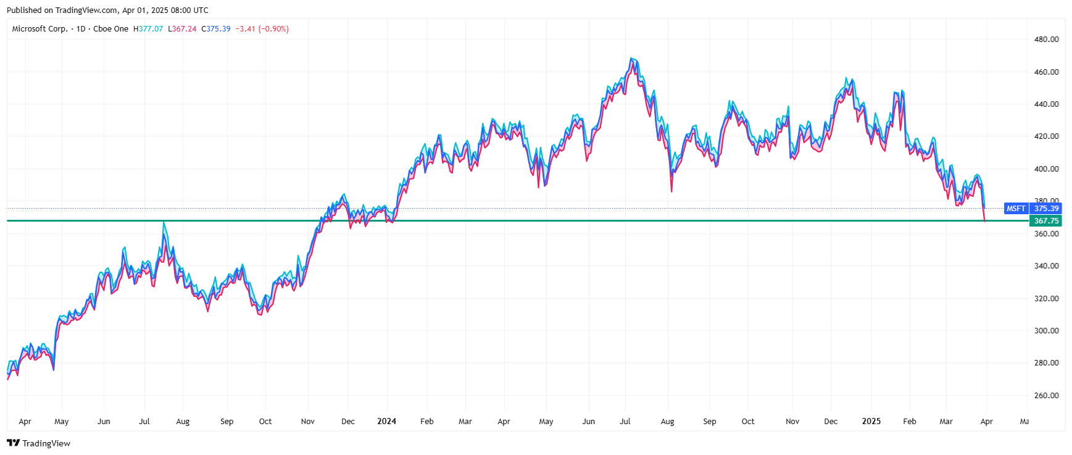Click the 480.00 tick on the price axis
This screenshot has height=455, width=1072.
pos(1046,39)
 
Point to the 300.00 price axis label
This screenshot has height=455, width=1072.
pos(1046,330)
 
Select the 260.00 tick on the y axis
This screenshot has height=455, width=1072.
pos(1046,395)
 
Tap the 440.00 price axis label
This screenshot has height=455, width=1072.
pos(1046,104)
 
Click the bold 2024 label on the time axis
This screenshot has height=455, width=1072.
pos(386,421)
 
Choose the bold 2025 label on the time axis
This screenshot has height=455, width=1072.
pos(871,421)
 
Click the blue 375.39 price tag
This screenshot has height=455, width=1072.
pos(1046,209)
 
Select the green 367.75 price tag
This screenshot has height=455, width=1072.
pos(1046,221)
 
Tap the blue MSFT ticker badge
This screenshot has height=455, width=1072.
pos(1016,209)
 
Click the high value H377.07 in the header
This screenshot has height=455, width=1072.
pos(148,29)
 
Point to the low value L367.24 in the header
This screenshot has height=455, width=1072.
pos(182,29)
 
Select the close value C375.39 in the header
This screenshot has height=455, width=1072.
pos(216,29)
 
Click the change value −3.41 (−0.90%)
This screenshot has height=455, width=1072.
pos(262,29)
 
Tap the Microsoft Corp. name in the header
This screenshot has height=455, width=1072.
pos(39,29)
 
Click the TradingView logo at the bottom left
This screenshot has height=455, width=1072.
pos(38,443)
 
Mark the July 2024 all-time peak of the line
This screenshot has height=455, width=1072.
pos(631,59)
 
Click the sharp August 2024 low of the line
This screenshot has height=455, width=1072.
pos(671,191)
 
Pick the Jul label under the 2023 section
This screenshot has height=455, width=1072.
pos(144,421)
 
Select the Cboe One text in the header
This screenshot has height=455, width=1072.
pos(111,29)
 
